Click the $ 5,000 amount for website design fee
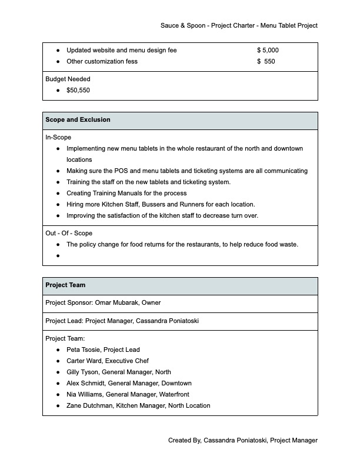coord(268,51)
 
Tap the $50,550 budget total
coord(78,91)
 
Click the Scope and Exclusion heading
coord(78,120)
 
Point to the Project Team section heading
coord(65,285)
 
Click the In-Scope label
coord(58,138)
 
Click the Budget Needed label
coord(68,79)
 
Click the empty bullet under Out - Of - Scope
coord(58,256)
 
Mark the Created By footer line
coord(242,441)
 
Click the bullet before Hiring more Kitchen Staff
coord(58,205)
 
